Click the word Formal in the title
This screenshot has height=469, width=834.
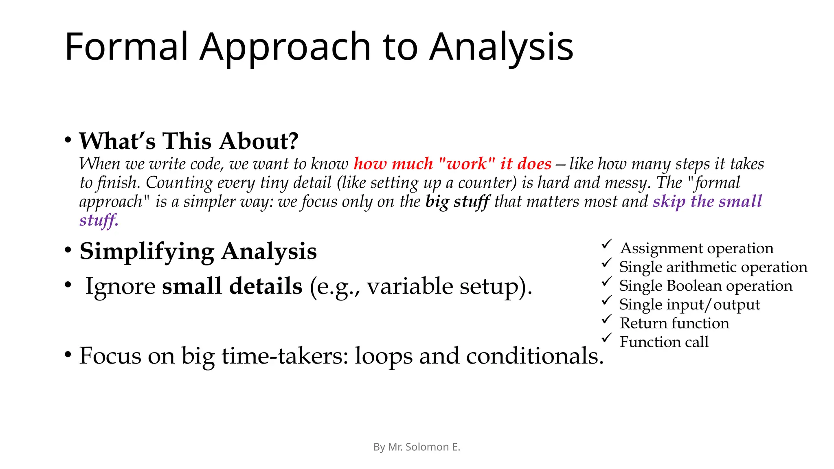pos(126,47)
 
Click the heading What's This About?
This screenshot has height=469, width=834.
pos(189,141)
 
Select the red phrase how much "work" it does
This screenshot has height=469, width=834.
pos(452,164)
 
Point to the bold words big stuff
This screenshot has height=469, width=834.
pos(457,202)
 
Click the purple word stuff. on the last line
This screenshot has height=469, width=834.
pos(99,220)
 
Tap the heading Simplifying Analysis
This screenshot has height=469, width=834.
pos(198,251)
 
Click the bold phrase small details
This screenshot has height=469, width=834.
pos(232,286)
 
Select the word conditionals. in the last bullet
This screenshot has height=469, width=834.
pos(535,356)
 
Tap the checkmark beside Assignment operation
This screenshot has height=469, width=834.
pos(607,244)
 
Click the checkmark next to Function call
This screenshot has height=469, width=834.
pos(607,338)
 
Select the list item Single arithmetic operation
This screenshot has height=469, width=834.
pos(713,267)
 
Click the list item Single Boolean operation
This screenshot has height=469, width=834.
pos(706,286)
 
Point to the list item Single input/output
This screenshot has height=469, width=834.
pos(689,305)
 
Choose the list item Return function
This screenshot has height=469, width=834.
pos(674,323)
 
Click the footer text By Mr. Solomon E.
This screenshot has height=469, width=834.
pos(417,447)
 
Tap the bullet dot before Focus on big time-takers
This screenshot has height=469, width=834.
pos(68,355)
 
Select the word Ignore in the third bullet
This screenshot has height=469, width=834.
pos(121,286)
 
